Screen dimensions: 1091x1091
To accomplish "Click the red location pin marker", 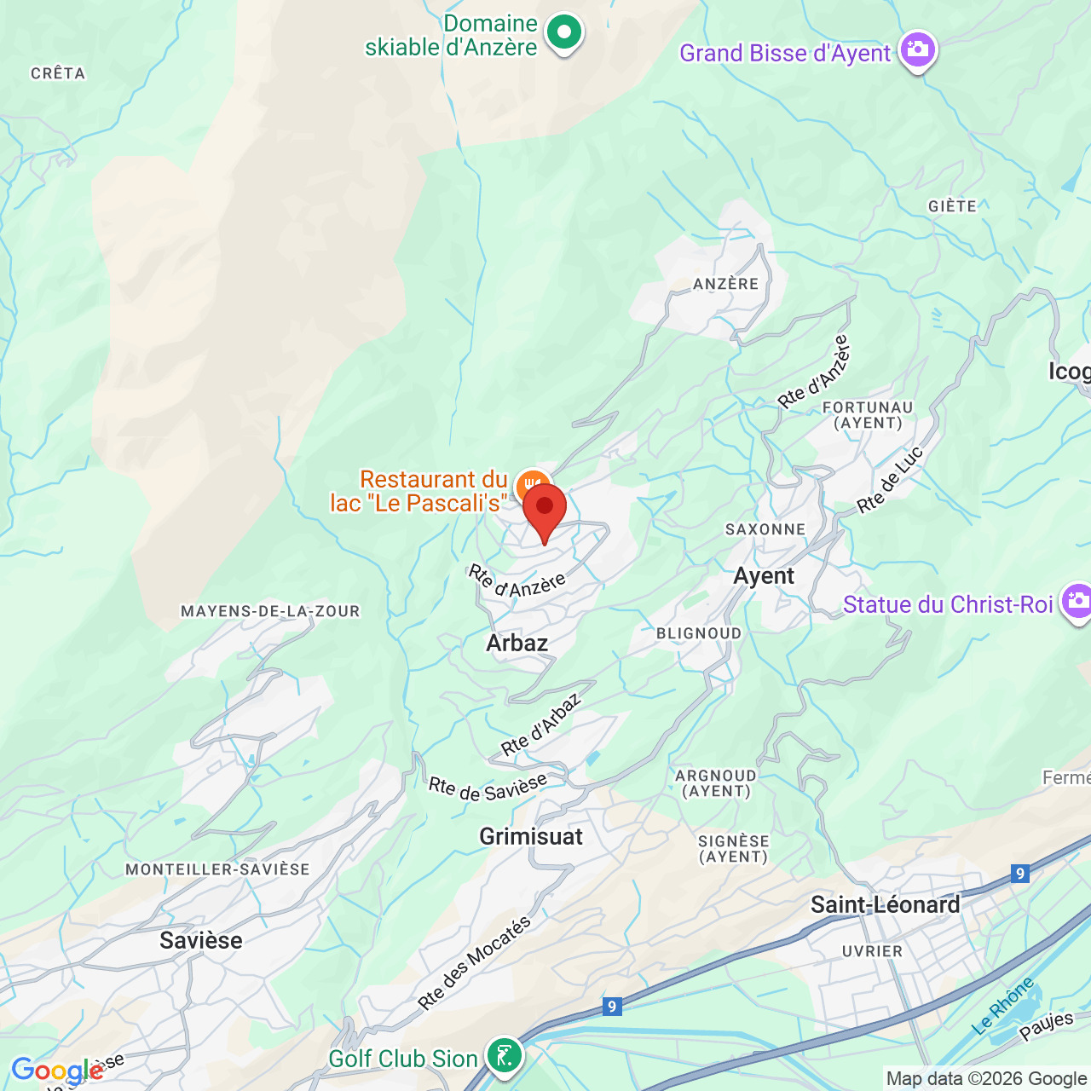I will tap(545, 509).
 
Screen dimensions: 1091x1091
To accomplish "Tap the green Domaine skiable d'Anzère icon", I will tap(563, 33).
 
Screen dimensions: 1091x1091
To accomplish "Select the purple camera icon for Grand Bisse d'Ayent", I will tap(917, 50).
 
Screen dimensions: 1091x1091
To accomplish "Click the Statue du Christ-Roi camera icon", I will tap(1077, 602).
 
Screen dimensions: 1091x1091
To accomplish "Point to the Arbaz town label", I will tap(517, 643).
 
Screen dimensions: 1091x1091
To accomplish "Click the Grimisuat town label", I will tap(531, 836).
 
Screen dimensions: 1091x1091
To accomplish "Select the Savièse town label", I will tap(201, 940).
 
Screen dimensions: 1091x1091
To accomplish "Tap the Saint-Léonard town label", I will tap(885, 904).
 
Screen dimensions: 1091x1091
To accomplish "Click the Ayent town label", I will tap(764, 576).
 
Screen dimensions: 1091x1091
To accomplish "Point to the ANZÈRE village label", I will tap(725, 284).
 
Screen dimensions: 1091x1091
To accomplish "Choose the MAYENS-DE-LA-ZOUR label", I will tap(270, 611).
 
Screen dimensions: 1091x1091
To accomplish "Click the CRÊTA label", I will tap(58, 73).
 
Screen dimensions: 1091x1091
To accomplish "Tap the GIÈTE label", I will tap(952, 206).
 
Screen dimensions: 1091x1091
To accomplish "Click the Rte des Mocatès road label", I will tap(474, 963).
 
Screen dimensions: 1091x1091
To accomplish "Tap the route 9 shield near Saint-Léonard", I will tap(1019, 873).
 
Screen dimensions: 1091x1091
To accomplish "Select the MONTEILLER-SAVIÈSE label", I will tap(217, 869).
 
